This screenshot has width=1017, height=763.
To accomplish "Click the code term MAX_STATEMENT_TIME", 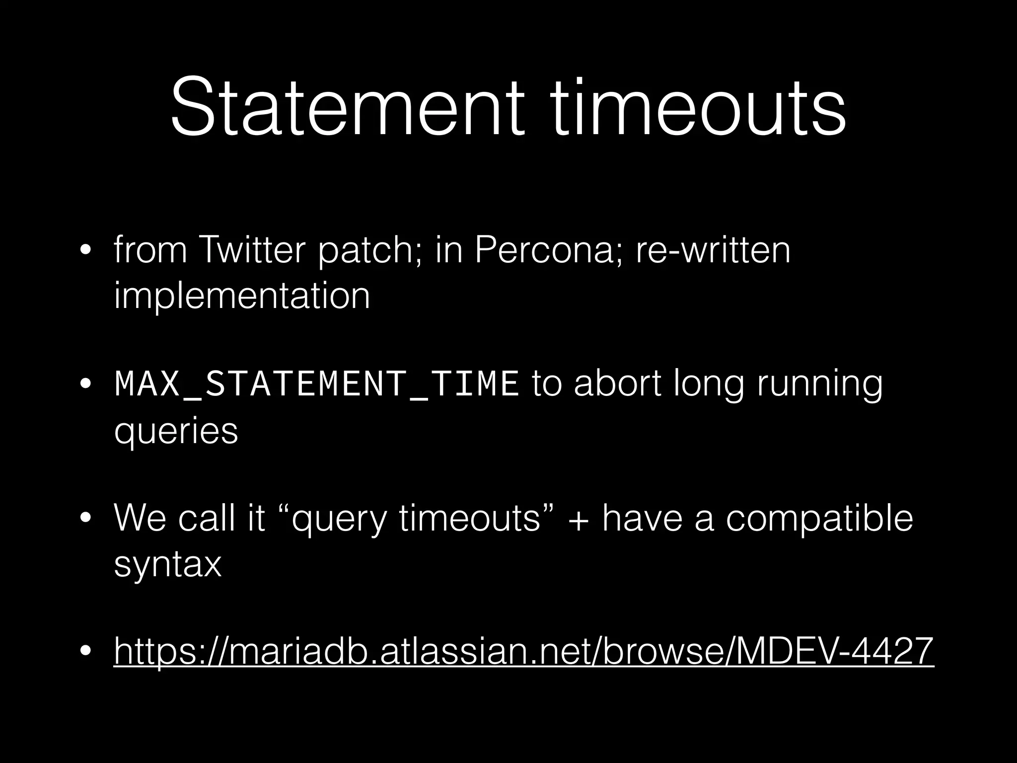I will coord(316,384).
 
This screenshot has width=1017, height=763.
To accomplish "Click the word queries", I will coord(176,431).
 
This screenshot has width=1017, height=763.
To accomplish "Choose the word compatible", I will coord(819,518).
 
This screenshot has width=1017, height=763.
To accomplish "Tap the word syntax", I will coord(167,565).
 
